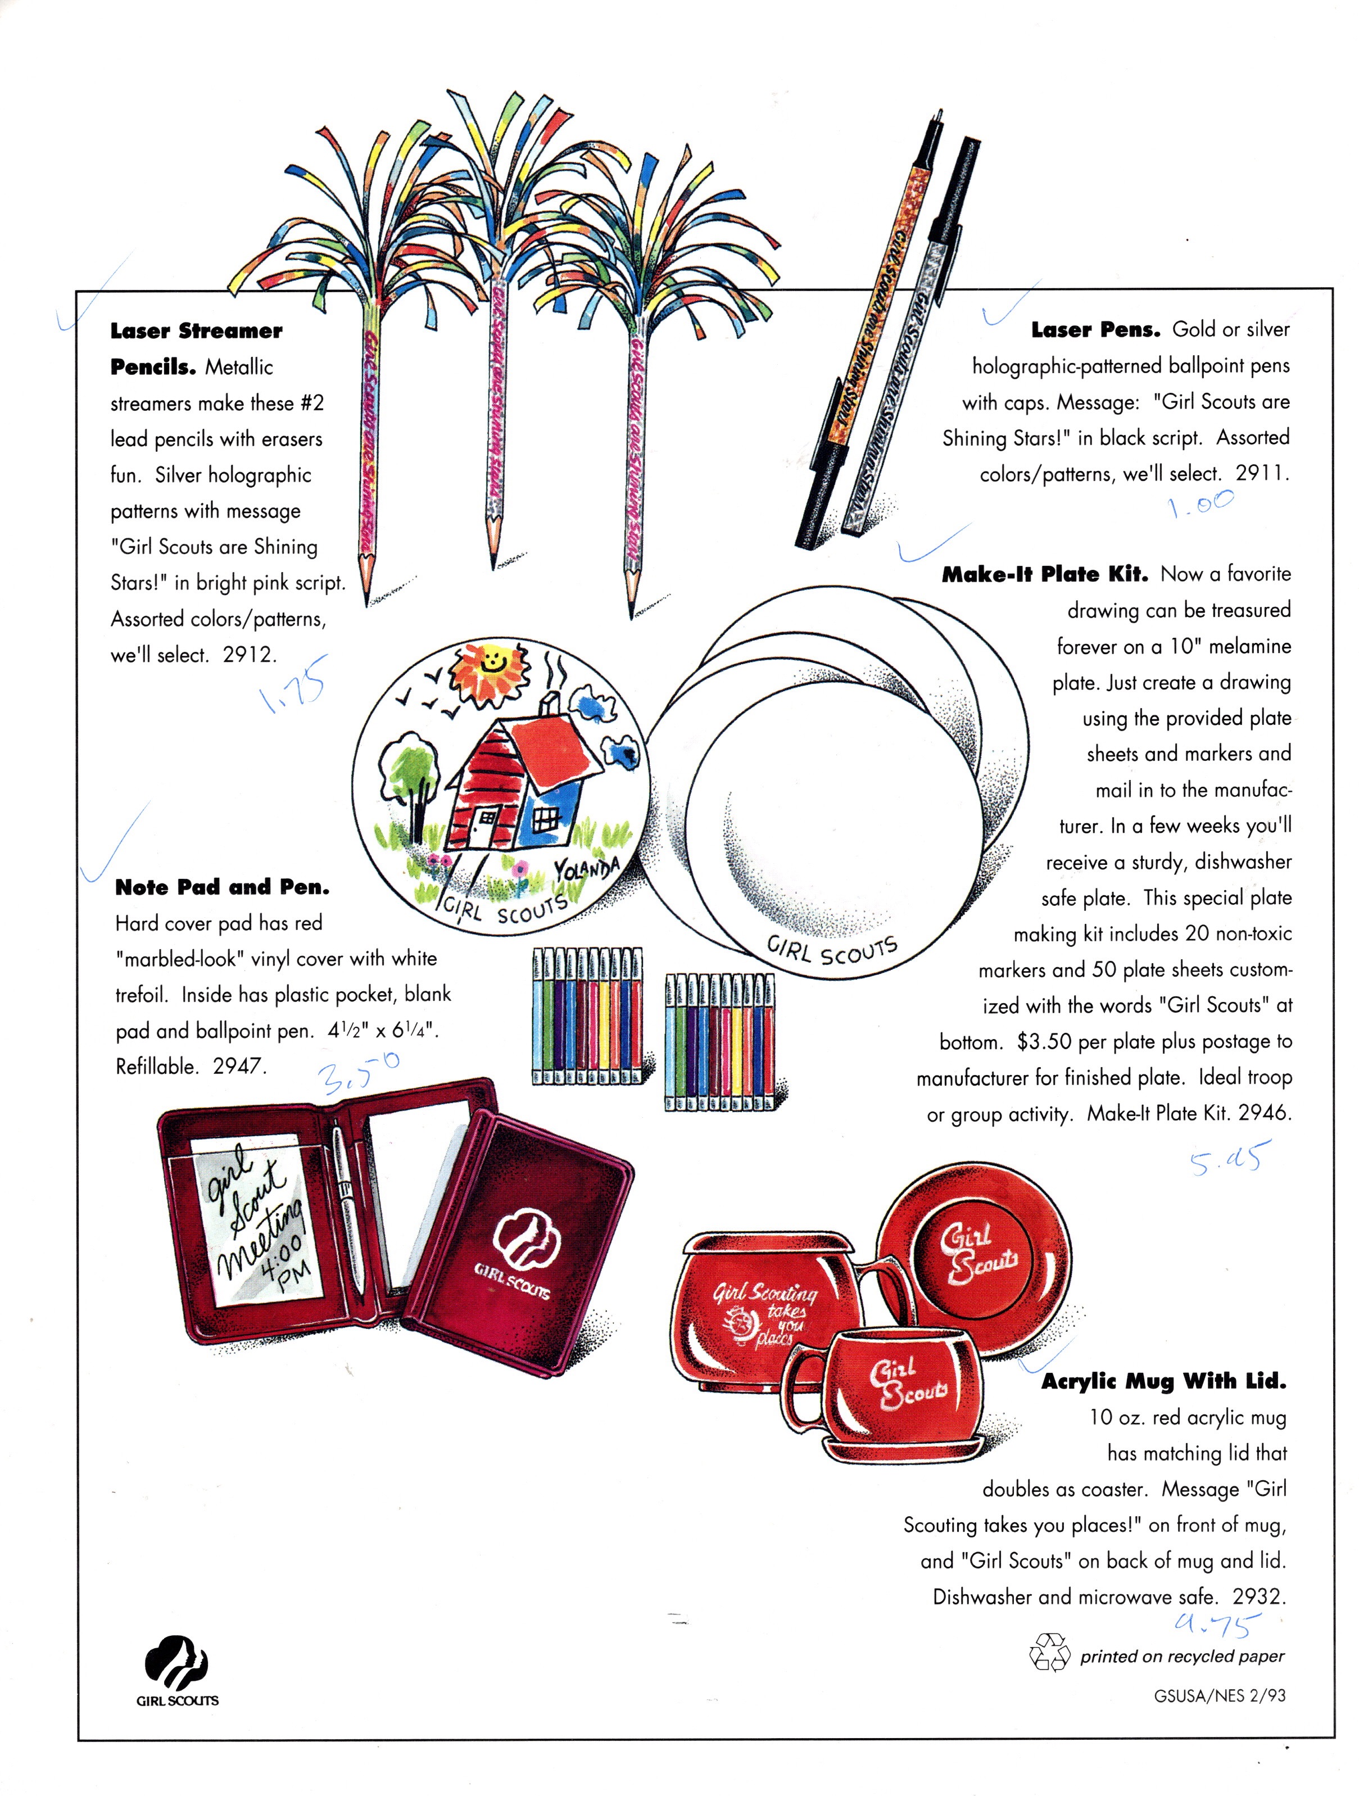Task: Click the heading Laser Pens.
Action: click(1095, 330)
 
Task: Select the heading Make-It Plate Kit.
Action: click(1045, 575)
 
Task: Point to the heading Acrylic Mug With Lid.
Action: click(1163, 1381)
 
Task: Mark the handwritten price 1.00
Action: click(1201, 504)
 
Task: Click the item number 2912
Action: click(249, 655)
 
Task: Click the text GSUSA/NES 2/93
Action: click(1220, 1695)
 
